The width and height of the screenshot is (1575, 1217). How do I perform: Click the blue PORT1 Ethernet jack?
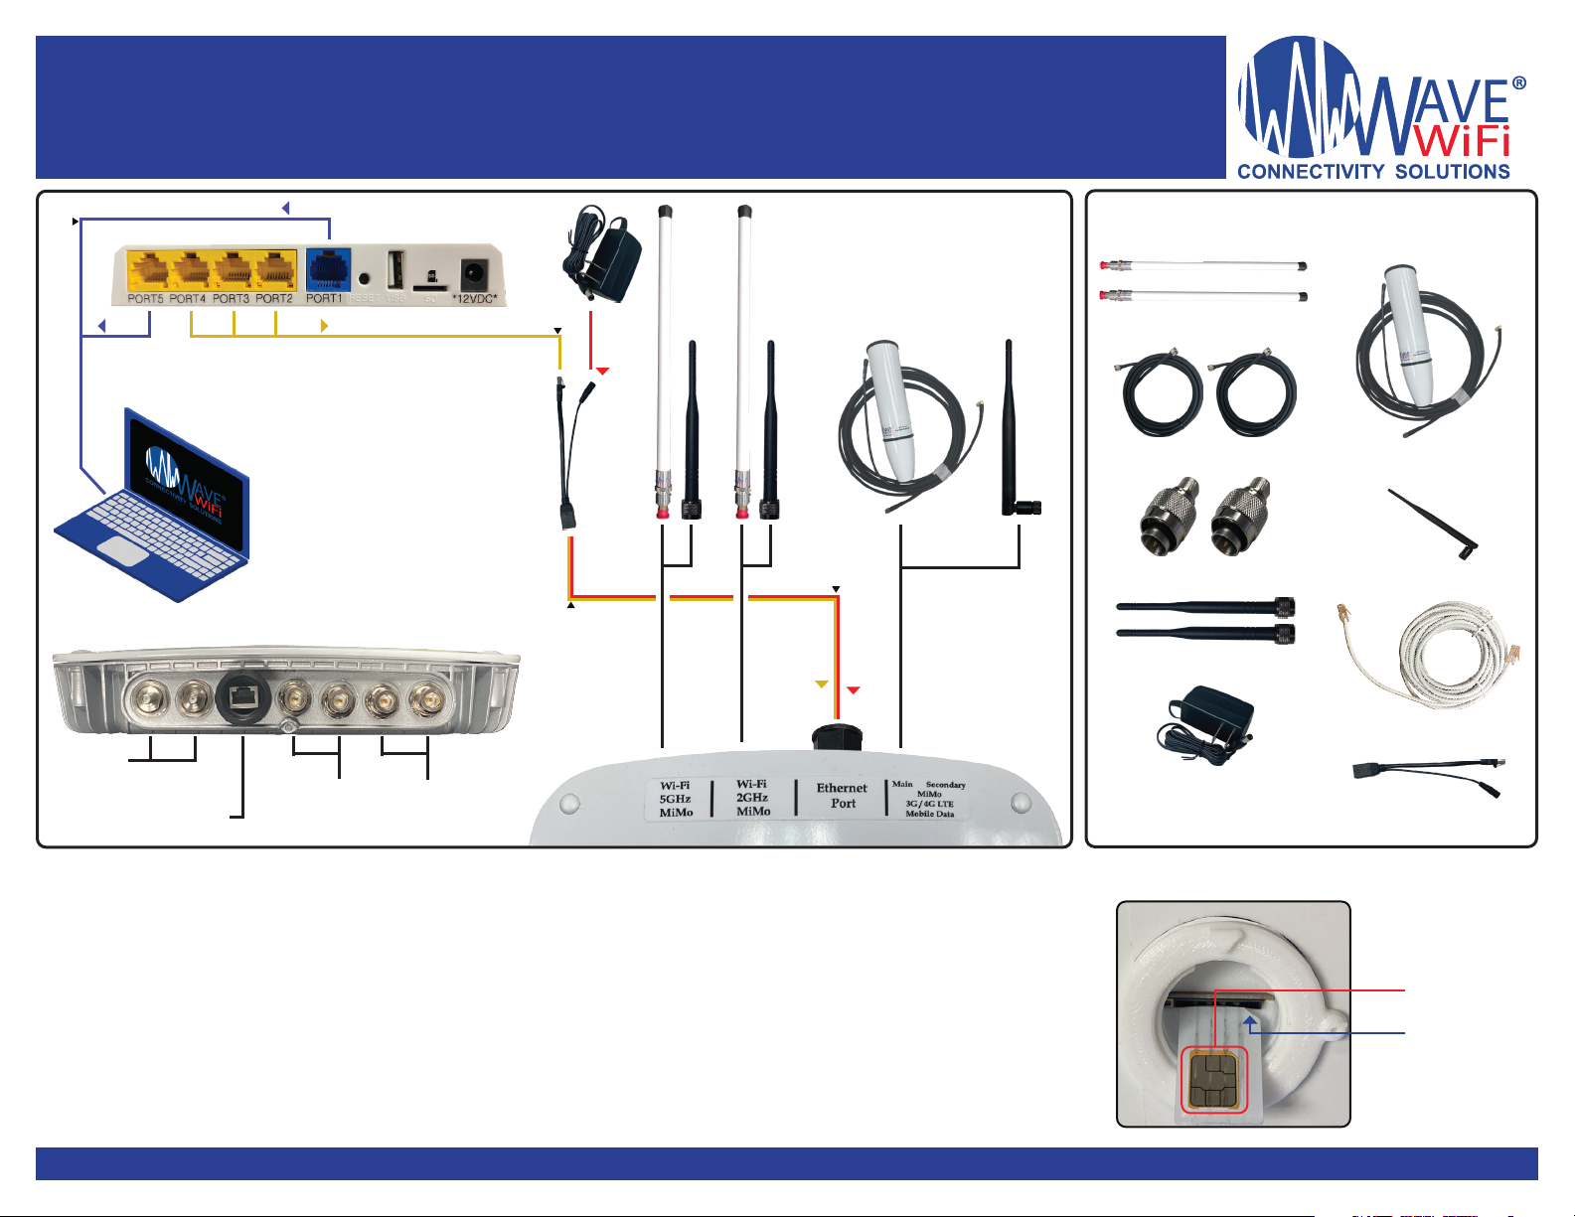(x=325, y=270)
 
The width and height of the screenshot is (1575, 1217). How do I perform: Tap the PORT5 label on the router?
(x=145, y=298)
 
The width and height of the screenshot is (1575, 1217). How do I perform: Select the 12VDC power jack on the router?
(x=474, y=271)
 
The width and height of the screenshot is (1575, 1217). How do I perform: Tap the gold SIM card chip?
(x=1213, y=1080)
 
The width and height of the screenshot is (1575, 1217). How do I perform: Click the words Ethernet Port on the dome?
(x=842, y=796)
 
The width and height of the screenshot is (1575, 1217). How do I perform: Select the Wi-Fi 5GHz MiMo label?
(x=676, y=799)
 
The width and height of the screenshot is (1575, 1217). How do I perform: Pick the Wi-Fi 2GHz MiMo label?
(x=752, y=798)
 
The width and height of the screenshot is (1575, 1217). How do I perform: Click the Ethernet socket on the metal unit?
(x=239, y=699)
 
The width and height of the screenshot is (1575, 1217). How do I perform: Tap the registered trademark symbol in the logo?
(x=1518, y=84)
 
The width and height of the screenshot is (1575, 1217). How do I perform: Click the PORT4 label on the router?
(x=188, y=298)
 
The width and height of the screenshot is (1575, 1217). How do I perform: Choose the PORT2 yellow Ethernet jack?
(x=275, y=270)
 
